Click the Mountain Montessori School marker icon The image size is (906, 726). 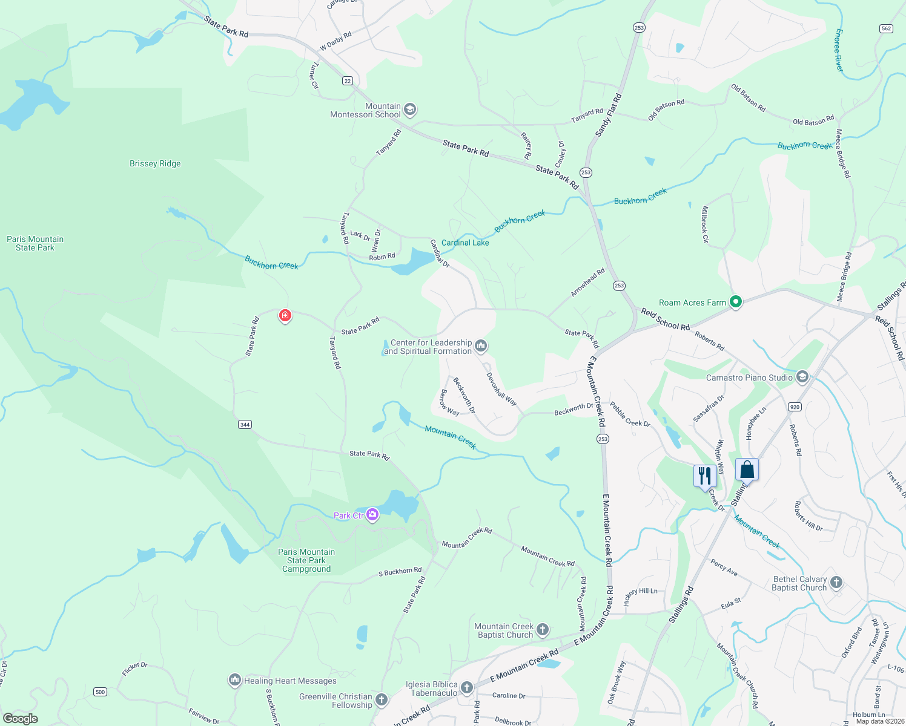[410, 110]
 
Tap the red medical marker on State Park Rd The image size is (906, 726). [285, 315]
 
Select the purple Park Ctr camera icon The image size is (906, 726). [372, 515]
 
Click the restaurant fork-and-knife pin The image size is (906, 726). [704, 475]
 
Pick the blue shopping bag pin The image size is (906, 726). [747, 470]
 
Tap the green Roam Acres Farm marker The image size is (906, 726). [736, 302]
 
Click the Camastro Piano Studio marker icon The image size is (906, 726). [802, 377]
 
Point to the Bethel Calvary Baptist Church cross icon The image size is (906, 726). [836, 583]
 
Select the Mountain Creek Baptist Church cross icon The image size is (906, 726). [543, 630]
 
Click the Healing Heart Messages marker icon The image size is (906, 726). [235, 680]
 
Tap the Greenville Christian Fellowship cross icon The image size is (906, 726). [382, 700]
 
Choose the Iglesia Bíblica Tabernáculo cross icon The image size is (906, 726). [466, 688]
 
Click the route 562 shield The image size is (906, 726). [886, 28]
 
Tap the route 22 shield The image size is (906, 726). [347, 80]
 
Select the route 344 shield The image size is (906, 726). [245, 424]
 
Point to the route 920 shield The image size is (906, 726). [795, 407]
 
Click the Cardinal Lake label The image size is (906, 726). [465, 243]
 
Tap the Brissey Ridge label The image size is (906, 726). [155, 163]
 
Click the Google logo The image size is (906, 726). [21, 718]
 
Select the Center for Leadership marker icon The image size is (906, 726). [481, 346]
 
